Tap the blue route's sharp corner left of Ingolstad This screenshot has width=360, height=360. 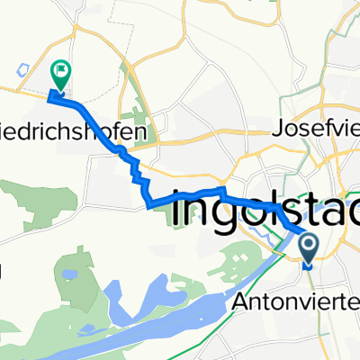tap(148, 206)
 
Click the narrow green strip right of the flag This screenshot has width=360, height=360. tap(134, 99)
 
